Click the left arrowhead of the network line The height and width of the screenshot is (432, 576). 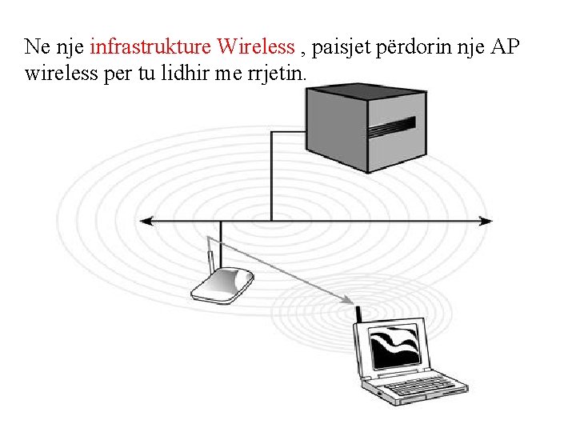[145, 221]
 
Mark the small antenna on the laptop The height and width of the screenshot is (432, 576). [359, 314]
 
